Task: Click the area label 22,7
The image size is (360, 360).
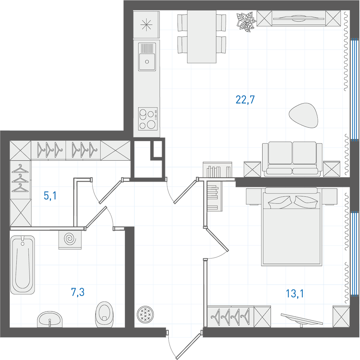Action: click(245, 100)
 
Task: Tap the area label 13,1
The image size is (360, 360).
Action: click(295, 293)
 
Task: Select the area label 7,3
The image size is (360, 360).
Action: click(78, 292)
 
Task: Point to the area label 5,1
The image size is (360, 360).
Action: click(50, 196)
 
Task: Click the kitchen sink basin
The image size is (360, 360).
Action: click(147, 57)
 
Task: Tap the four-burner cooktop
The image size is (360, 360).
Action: click(148, 119)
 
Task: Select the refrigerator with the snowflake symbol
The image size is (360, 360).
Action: click(146, 25)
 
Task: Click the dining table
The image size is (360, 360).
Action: click(202, 37)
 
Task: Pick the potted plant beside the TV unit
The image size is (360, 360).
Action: click(246, 21)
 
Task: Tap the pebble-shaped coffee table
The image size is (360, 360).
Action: click(304, 115)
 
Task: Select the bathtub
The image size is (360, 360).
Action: click(23, 265)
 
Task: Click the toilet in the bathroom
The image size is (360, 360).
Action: click(105, 315)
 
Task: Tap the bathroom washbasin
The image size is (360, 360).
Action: click(50, 319)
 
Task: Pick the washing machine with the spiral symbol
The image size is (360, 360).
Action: click(70, 240)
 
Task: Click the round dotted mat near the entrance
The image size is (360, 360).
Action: click(145, 314)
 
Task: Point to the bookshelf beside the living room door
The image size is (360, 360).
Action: click(217, 170)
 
